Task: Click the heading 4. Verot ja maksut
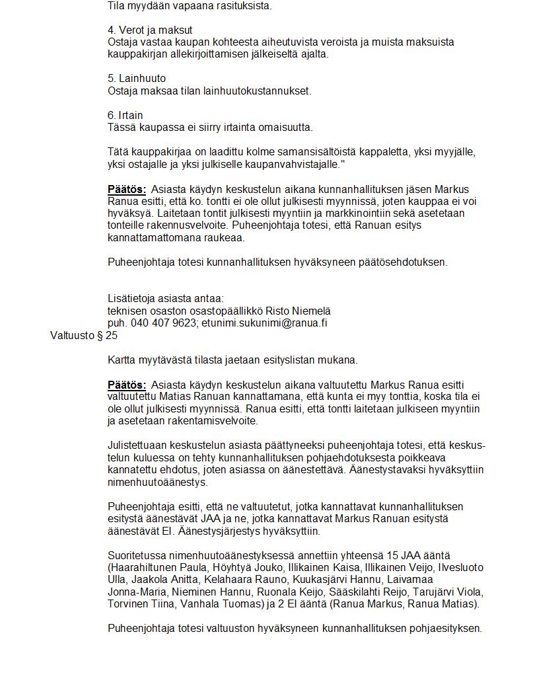click(150, 30)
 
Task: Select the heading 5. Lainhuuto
click(137, 79)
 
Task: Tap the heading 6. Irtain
click(125, 115)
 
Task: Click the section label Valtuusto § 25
click(84, 336)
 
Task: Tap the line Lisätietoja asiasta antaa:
click(165, 299)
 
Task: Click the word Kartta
click(122, 360)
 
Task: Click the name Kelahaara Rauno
click(213, 580)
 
